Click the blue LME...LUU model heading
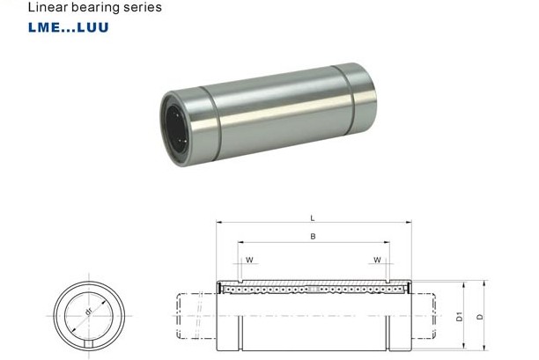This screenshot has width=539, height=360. click(x=69, y=27)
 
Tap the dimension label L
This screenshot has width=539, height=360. click(x=312, y=218)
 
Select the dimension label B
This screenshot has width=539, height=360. click(x=313, y=237)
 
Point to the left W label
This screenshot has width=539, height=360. click(x=249, y=260)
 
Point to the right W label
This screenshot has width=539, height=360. click(x=377, y=260)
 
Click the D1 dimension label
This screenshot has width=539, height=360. click(x=459, y=317)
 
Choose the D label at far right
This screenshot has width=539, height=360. click(x=480, y=317)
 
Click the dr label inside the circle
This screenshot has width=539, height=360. click(x=88, y=312)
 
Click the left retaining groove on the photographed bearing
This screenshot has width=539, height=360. click(x=210, y=123)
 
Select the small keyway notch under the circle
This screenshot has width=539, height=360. click(x=89, y=344)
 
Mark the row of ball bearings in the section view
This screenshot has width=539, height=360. click(x=313, y=290)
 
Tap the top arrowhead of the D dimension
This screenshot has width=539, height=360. click(x=484, y=283)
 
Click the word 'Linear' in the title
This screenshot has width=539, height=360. click(x=48, y=7)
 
